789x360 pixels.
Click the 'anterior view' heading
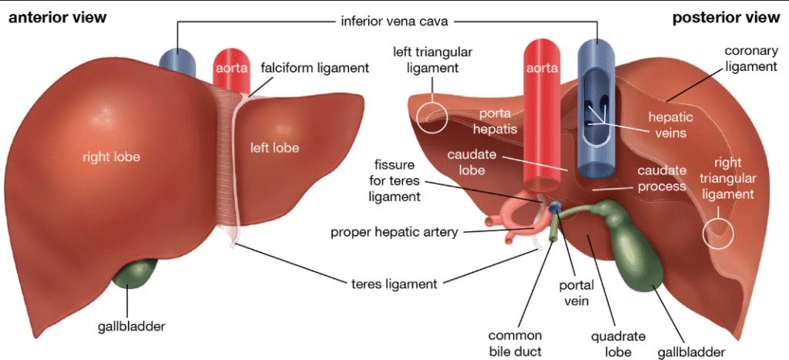pos(58,18)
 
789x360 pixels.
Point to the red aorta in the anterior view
pos(232,69)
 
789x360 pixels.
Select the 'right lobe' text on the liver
pos(112,157)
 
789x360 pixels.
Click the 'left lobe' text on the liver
pos(275,147)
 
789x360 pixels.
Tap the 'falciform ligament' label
pos(314,68)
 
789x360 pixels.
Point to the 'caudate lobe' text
pos(472,162)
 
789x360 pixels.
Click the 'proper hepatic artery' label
pos(394,232)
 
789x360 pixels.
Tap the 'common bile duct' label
pos(515,343)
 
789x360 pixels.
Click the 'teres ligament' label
pos(389,284)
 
